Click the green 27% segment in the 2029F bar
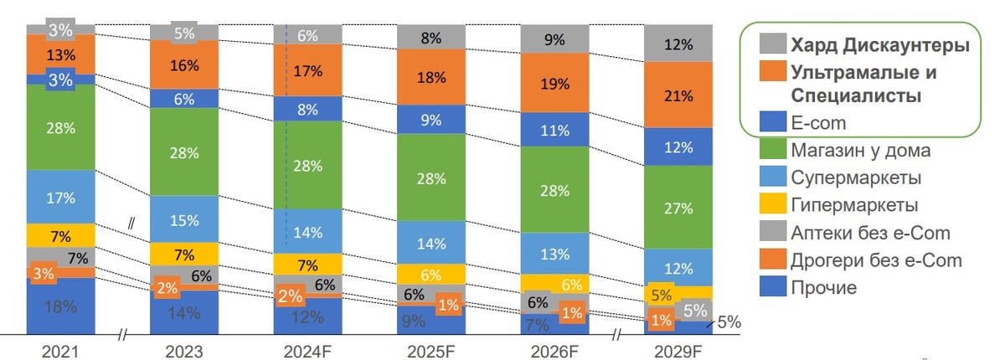click(678, 208)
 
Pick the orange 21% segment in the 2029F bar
click(678, 95)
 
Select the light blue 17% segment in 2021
click(60, 198)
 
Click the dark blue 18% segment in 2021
click(60, 306)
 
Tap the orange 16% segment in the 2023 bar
click(184, 65)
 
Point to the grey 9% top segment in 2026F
click(554, 39)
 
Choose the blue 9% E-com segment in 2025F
click(430, 119)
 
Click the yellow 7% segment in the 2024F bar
click(307, 265)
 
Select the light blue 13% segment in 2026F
click(554, 253)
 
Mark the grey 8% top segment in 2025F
click(430, 37)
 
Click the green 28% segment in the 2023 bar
click(184, 152)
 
